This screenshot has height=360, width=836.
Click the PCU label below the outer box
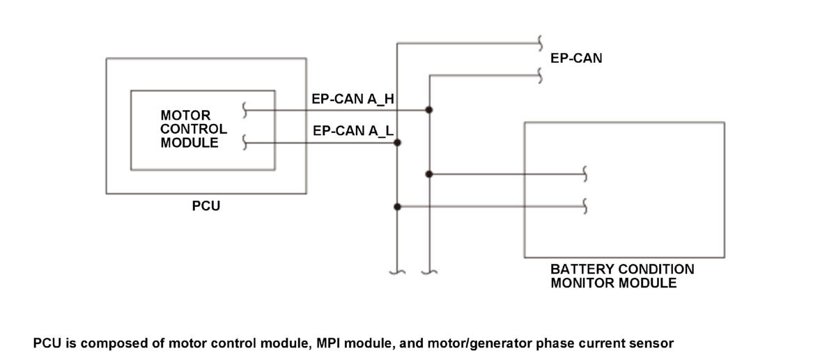[x=206, y=206]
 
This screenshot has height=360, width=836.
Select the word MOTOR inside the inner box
[x=185, y=116]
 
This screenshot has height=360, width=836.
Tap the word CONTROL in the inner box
[x=194, y=129]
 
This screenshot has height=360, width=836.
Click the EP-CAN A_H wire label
[x=353, y=99]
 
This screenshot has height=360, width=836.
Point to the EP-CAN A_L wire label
[x=353, y=131]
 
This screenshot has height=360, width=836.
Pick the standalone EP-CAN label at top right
[x=576, y=58]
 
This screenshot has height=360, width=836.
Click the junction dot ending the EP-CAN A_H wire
[x=429, y=110]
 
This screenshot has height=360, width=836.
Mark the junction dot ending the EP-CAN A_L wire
[x=398, y=143]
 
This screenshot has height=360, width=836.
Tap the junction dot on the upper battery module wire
[x=429, y=174]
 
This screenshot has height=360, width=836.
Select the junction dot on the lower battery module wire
[x=398, y=207]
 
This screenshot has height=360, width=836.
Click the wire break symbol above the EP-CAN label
[x=540, y=43]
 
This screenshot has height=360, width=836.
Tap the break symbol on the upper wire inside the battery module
[x=585, y=174]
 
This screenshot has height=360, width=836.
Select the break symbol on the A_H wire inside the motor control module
[x=245, y=110]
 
